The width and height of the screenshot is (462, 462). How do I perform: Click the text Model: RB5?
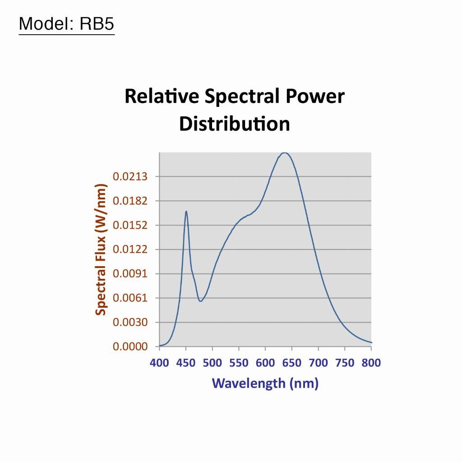click(67, 23)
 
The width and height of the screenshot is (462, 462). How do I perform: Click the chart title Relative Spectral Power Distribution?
click(235, 110)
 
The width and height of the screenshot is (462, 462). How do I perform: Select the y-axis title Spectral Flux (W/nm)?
click(101, 249)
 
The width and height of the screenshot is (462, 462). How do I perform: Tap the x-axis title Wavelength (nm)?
click(265, 383)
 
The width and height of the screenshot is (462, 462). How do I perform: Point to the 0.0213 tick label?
click(130, 176)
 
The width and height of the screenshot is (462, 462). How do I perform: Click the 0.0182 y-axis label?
click(130, 201)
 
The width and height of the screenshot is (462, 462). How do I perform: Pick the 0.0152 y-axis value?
click(130, 225)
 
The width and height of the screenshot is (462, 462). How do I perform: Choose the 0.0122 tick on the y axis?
click(130, 249)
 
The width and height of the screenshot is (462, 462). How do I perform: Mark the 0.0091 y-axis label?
click(130, 274)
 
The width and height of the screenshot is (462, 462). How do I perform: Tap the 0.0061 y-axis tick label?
click(130, 298)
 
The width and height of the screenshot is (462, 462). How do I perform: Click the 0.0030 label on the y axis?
click(130, 322)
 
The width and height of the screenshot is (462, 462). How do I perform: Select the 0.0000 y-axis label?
click(130, 346)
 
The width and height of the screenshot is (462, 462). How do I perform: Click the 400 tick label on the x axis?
click(159, 363)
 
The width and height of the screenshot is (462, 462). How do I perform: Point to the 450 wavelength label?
click(186, 363)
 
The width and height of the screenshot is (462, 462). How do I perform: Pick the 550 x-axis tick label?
click(239, 363)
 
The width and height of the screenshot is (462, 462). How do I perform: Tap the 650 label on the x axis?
click(292, 363)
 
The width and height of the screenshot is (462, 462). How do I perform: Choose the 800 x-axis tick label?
click(371, 363)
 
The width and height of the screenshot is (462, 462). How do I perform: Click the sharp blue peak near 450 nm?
click(186, 211)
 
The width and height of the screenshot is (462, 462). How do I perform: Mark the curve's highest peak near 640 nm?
click(284, 152)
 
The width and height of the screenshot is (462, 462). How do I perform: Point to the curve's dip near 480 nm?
click(200, 301)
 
